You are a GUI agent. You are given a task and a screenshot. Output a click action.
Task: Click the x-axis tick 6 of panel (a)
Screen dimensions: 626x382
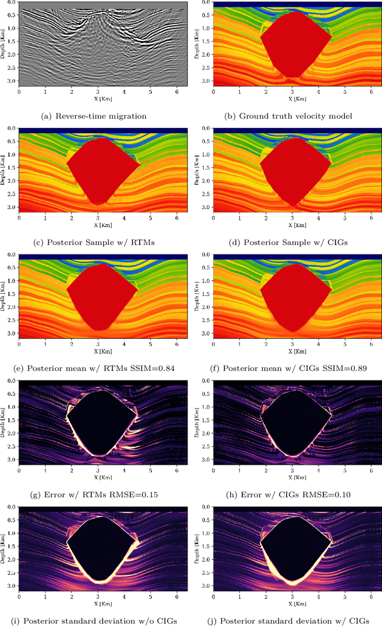point(177,93)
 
